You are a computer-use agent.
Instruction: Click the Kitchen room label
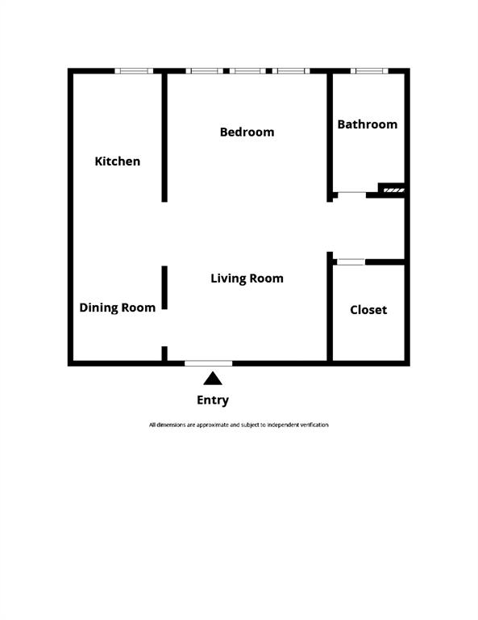click(x=118, y=161)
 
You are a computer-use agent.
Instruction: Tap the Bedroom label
click(x=247, y=132)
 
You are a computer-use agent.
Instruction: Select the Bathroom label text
click(x=367, y=124)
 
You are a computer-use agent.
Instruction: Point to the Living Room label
click(x=247, y=279)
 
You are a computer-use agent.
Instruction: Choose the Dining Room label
click(x=117, y=308)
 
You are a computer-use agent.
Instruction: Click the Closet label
click(x=368, y=310)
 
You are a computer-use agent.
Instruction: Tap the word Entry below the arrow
click(x=213, y=400)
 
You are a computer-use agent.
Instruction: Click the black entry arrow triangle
click(x=213, y=379)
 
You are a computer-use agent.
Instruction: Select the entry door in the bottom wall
click(x=209, y=363)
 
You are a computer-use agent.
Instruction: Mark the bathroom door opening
click(x=350, y=193)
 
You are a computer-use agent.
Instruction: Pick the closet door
click(x=350, y=262)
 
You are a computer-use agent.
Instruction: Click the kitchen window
click(x=134, y=71)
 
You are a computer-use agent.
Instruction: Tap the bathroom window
click(x=369, y=71)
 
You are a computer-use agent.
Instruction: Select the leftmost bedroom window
click(x=205, y=71)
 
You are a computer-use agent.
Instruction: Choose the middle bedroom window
click(x=248, y=71)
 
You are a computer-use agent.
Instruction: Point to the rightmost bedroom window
click(x=291, y=71)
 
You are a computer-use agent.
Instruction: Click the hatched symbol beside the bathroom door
click(x=393, y=191)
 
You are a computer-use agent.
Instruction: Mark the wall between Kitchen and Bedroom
click(x=164, y=137)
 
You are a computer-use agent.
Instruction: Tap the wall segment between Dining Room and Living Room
click(x=164, y=287)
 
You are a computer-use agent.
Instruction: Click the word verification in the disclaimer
click(x=311, y=425)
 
